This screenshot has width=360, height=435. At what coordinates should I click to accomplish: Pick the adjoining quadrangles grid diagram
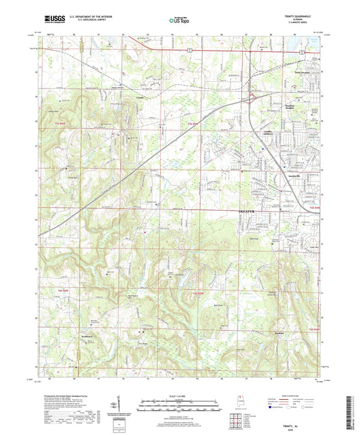236,417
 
